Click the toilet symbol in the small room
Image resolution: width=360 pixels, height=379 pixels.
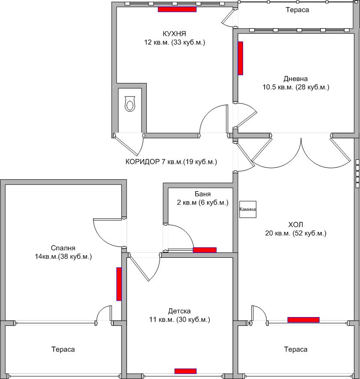pos(130,104)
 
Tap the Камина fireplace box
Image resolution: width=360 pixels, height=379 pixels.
pos(247,209)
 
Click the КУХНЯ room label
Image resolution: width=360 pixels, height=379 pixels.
pos(175,34)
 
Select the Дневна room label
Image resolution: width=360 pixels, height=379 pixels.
pos(295,79)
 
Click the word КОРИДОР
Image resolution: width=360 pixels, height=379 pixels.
pos(142,162)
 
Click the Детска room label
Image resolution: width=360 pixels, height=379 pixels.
pos(179,311)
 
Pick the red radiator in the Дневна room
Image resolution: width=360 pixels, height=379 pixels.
pos(240,58)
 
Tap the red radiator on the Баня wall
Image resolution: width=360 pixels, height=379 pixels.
pos(204,250)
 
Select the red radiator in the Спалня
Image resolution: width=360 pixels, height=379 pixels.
pos(119,284)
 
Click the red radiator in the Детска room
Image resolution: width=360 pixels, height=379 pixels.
pos(185,371)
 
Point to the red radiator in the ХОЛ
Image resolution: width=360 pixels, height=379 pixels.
pos(303,319)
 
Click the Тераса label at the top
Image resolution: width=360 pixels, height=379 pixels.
pos(297,10)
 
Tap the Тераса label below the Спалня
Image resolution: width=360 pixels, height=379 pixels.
pos(63,350)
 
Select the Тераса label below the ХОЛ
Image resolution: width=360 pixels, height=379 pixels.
pos(295,350)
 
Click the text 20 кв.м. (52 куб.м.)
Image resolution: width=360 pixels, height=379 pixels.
pos(295,233)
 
